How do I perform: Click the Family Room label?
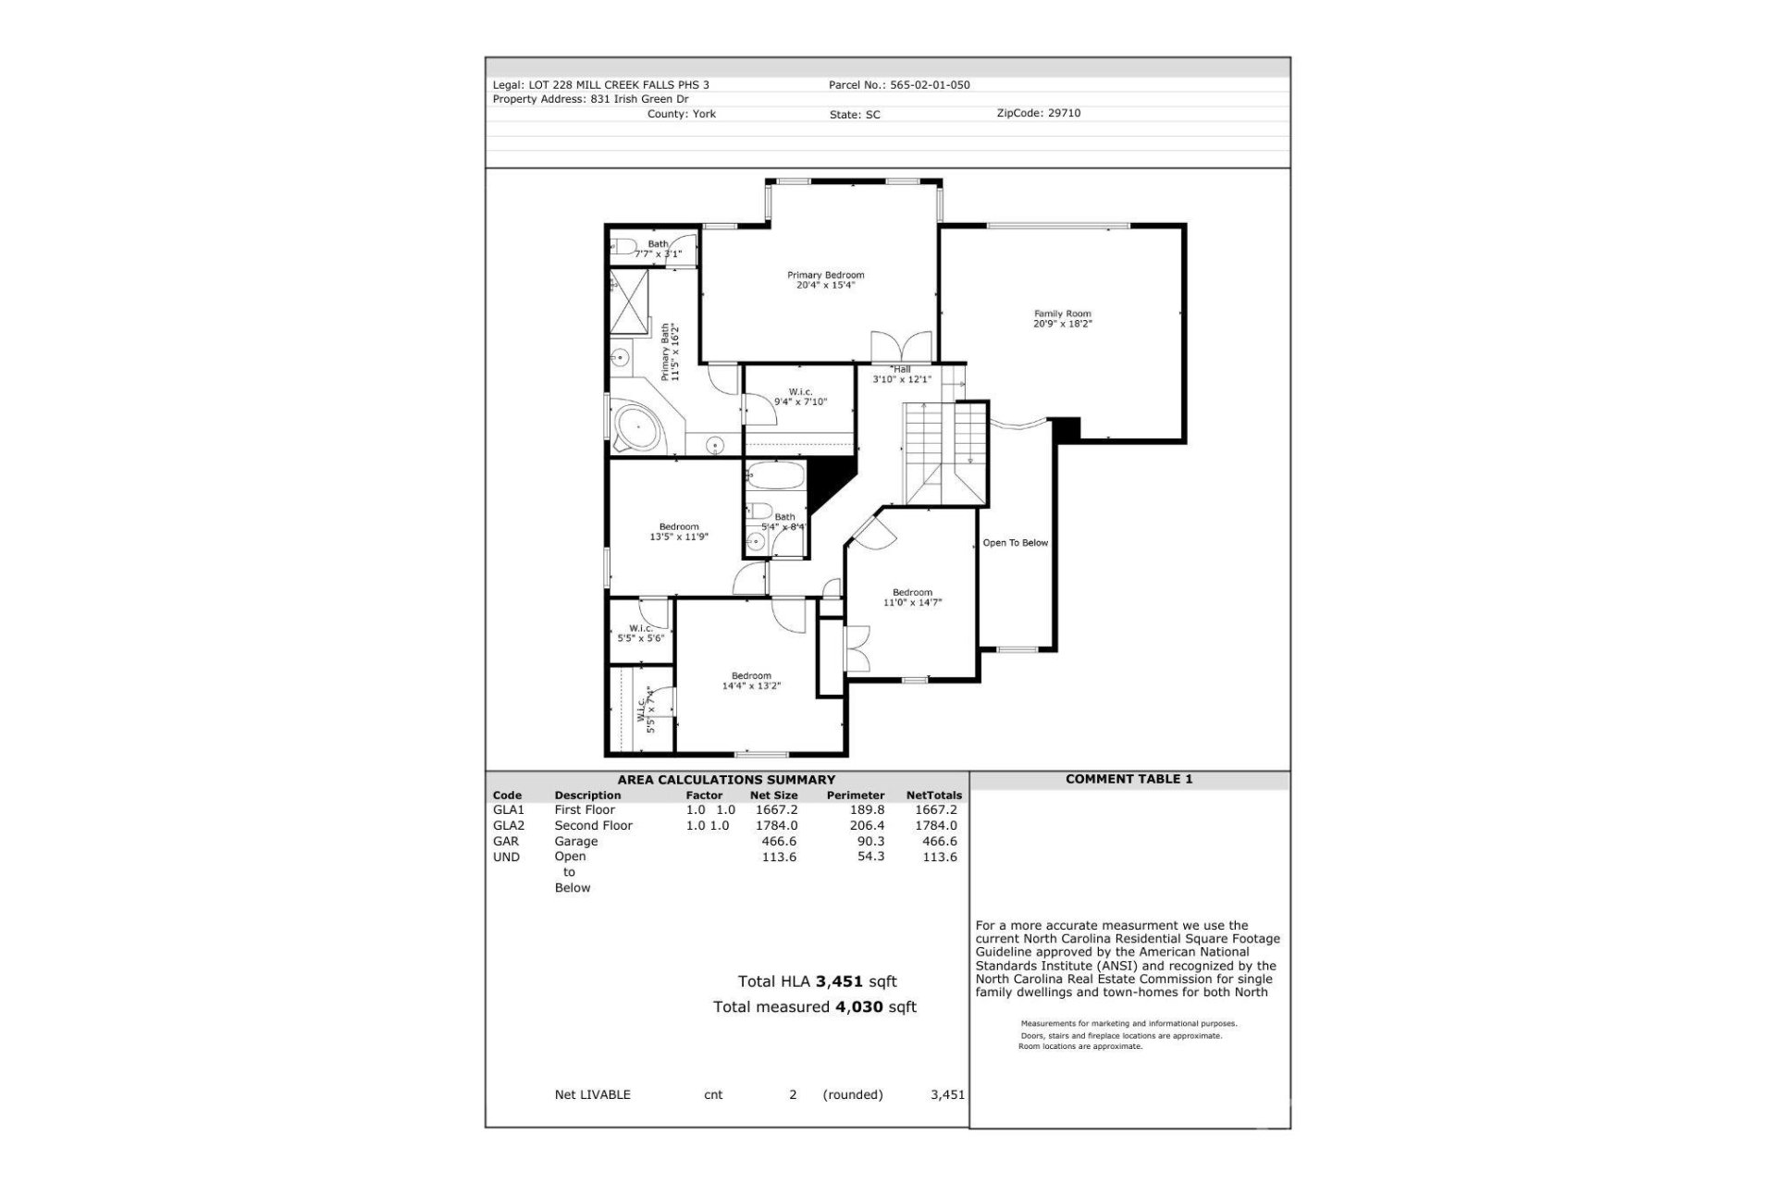point(1062,314)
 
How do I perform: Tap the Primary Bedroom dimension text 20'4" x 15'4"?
point(825,286)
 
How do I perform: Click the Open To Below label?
point(1015,543)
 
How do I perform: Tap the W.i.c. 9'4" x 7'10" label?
point(800,397)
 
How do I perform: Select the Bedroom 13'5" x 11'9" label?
point(679,532)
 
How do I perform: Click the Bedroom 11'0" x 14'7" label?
point(912,598)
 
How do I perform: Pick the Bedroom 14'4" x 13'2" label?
point(751,681)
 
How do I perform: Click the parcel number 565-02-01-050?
point(930,85)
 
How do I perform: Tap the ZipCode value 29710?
point(1064,113)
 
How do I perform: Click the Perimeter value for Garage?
point(870,841)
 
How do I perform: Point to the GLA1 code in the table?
point(508,809)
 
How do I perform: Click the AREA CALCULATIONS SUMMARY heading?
point(726,780)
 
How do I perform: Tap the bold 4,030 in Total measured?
point(858,1006)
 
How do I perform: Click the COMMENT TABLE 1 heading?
point(1128,779)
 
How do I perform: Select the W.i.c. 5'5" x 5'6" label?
point(641,633)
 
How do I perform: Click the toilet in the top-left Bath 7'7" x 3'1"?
point(623,247)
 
